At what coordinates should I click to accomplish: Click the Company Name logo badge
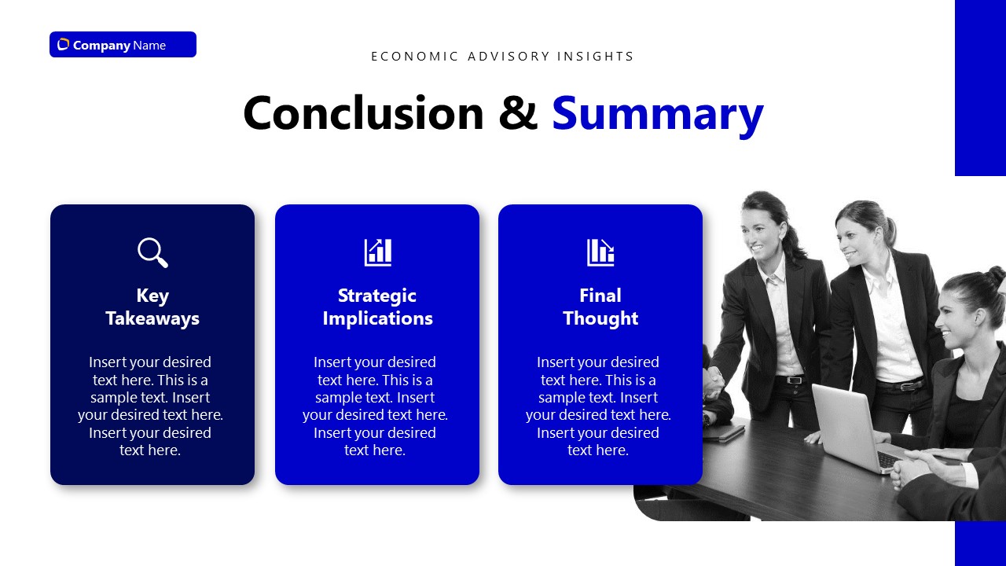click(x=123, y=45)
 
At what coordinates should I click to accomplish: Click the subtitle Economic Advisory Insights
click(x=502, y=57)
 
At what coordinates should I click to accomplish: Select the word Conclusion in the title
click(x=363, y=113)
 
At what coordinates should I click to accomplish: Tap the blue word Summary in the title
click(x=657, y=113)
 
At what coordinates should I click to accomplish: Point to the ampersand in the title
click(x=518, y=113)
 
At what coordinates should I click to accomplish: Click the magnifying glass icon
click(x=152, y=252)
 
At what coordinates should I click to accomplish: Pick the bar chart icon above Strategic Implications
click(x=377, y=252)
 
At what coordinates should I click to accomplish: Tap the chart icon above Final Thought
click(x=600, y=252)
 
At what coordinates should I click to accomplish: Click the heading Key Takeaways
click(x=152, y=307)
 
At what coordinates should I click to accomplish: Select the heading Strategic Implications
click(x=377, y=307)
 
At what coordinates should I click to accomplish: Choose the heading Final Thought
click(x=600, y=307)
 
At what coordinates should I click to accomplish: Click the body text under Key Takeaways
click(x=150, y=406)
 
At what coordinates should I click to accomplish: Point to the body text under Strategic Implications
click(x=375, y=406)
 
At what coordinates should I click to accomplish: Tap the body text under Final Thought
click(x=598, y=406)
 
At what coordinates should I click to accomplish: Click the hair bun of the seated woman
click(x=996, y=277)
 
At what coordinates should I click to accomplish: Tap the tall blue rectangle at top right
click(x=980, y=86)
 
